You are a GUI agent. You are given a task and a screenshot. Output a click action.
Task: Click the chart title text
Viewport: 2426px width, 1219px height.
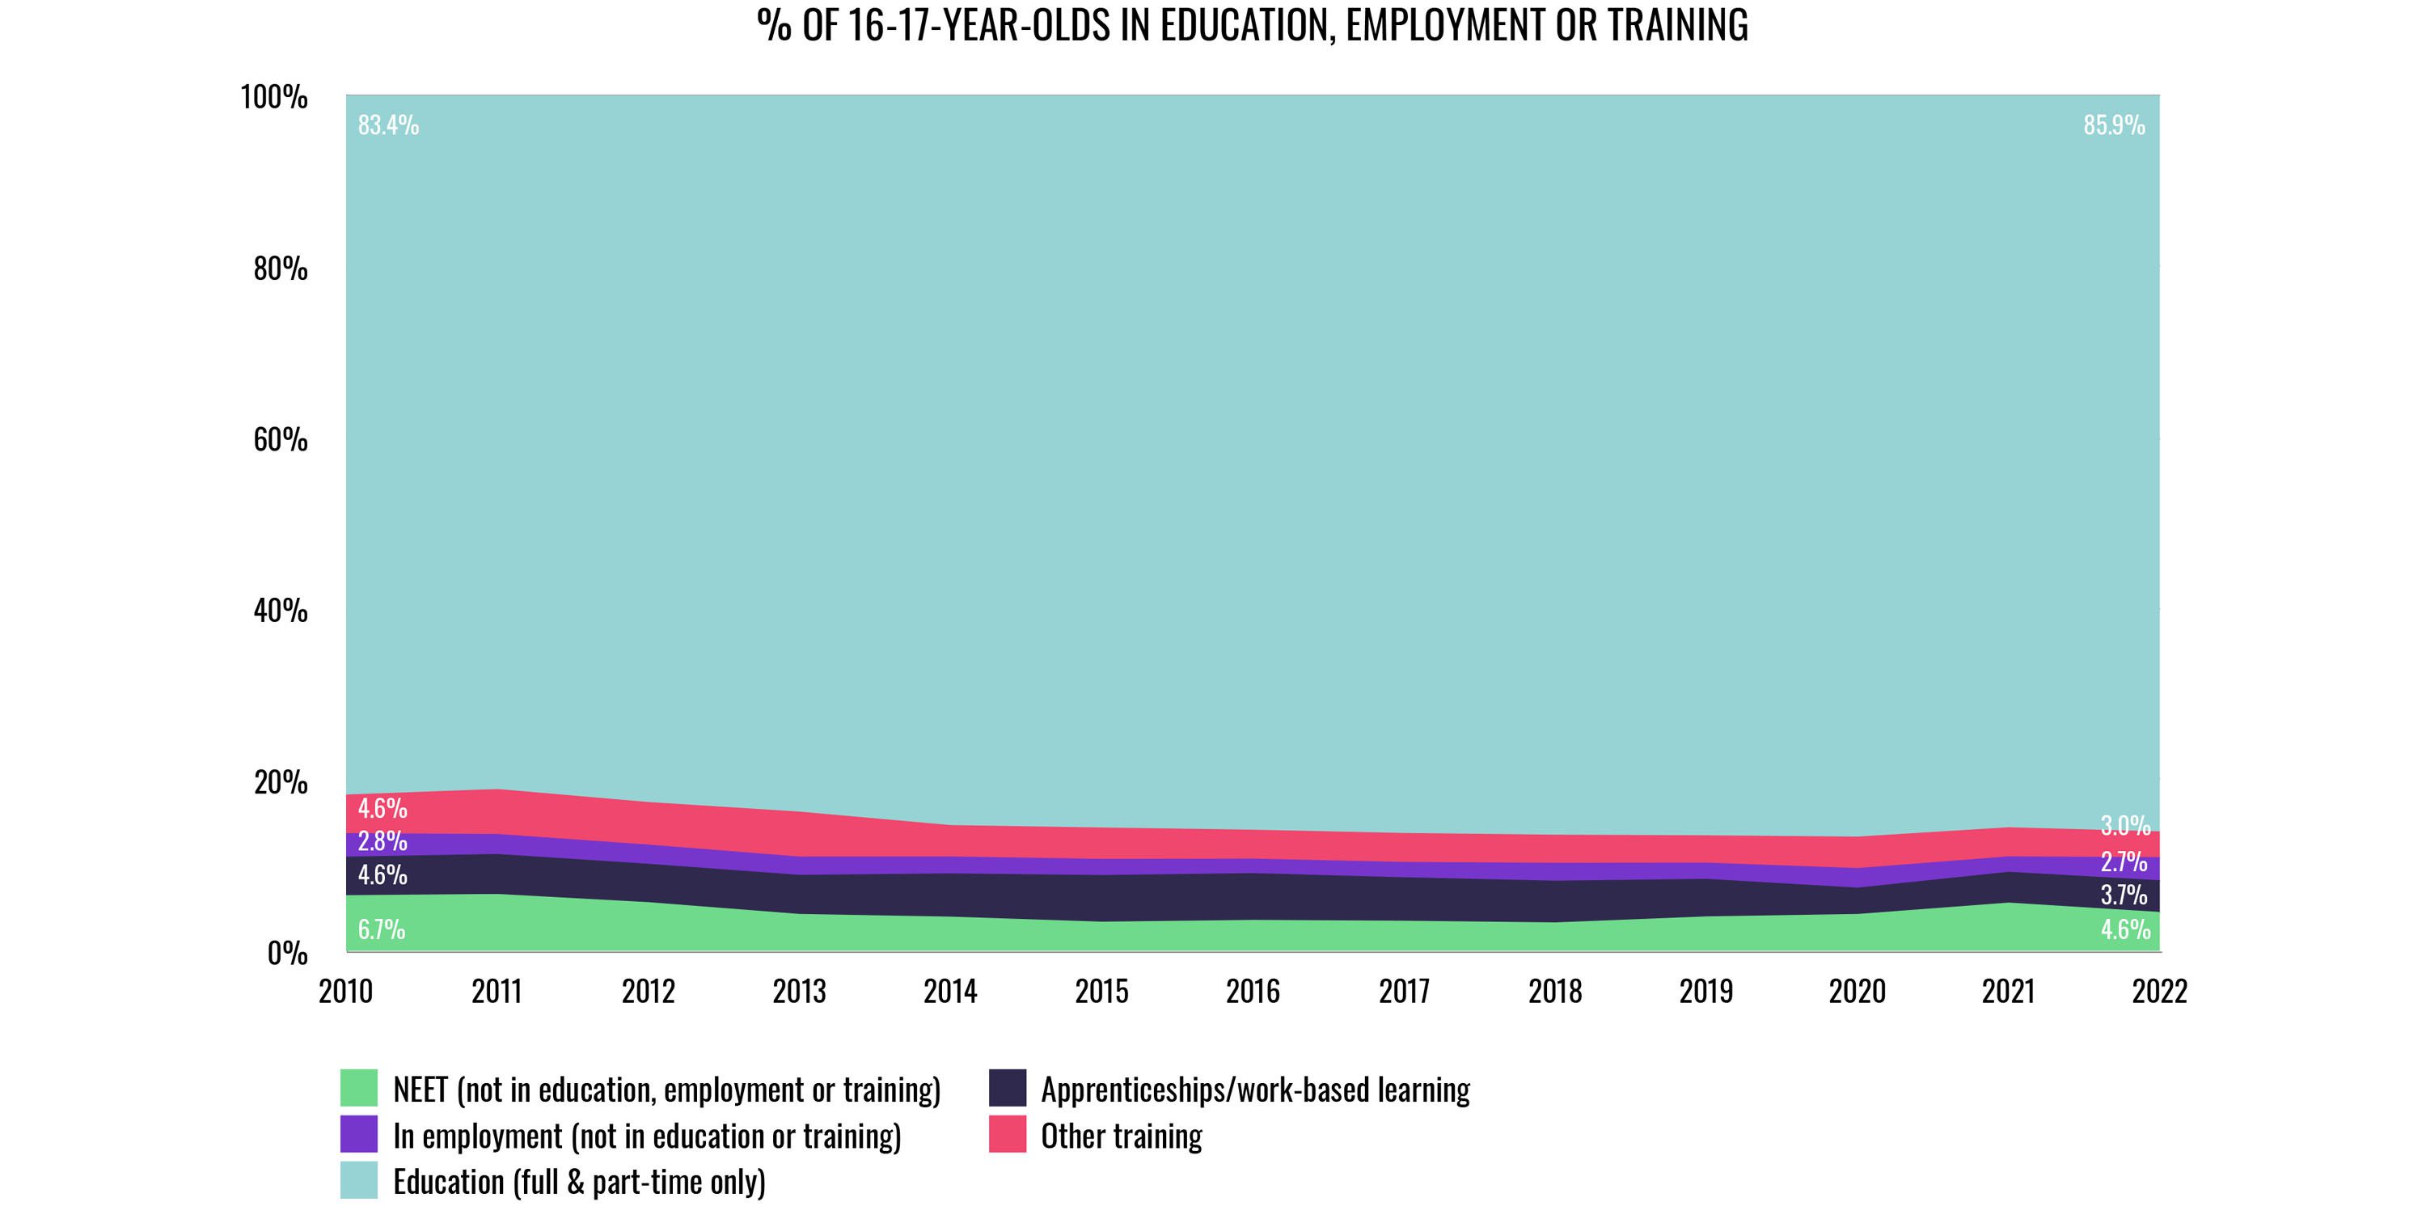(1252, 25)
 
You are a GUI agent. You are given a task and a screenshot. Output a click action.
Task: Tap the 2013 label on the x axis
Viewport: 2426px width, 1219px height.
(799, 992)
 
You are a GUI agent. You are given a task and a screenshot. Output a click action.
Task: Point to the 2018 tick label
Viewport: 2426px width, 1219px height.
(1555, 992)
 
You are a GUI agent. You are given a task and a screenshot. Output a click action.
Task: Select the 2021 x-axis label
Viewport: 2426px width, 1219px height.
(2008, 992)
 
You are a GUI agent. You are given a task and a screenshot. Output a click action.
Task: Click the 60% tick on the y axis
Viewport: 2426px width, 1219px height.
(280, 440)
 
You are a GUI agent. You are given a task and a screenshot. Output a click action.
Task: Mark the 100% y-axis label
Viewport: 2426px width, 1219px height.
(274, 97)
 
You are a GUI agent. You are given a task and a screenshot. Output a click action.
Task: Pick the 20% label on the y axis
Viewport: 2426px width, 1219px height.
(280, 783)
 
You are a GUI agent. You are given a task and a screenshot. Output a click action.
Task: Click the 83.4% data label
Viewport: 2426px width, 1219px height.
(388, 125)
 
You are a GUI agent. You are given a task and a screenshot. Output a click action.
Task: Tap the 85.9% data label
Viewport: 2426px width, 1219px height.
(2115, 125)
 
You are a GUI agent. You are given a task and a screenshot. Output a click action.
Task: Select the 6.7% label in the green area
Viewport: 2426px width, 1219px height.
(382, 929)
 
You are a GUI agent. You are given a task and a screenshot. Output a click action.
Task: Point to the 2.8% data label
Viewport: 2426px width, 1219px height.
(382, 841)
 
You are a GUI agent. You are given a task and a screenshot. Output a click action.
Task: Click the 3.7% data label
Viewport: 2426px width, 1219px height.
(2124, 894)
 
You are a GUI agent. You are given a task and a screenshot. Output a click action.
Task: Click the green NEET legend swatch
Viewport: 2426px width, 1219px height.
(359, 1088)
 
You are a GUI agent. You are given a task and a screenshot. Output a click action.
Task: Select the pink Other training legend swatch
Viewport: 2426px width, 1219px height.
(1007, 1134)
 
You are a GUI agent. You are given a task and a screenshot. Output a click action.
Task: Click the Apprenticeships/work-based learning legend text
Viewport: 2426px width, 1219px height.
(1254, 1090)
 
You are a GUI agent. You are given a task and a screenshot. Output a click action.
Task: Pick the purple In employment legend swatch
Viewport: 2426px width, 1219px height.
(359, 1134)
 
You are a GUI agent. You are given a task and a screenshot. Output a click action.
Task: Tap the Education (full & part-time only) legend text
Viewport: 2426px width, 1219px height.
(579, 1181)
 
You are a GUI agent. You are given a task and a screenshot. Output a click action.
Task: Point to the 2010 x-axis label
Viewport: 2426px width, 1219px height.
(345, 992)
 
